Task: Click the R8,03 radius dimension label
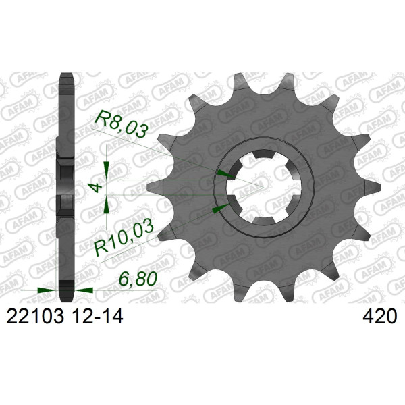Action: [x=122, y=124]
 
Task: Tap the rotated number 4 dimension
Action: [x=97, y=187]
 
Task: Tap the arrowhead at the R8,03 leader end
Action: [x=226, y=174]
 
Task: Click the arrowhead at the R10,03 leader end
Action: [x=220, y=208]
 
